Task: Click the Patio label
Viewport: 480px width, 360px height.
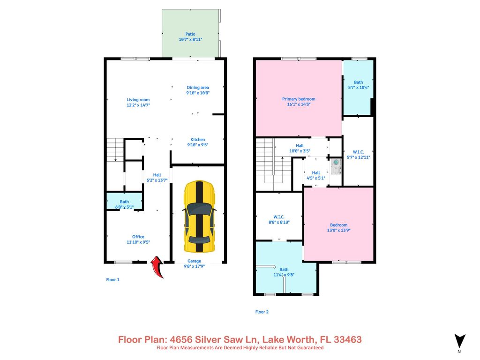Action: pyautogui.click(x=190, y=34)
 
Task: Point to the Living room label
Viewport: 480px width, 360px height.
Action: pyautogui.click(x=138, y=99)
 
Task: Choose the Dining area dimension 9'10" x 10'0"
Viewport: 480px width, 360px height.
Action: pyautogui.click(x=198, y=93)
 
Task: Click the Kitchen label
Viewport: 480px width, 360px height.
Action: pyautogui.click(x=197, y=140)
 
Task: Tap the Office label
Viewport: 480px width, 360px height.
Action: pyautogui.click(x=138, y=237)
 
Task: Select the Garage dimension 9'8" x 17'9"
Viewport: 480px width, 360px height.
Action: pyautogui.click(x=194, y=267)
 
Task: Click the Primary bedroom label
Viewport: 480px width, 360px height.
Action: pyautogui.click(x=298, y=99)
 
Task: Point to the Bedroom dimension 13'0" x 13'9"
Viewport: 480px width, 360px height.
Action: pyautogui.click(x=338, y=230)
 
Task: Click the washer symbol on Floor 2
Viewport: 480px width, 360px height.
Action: pyautogui.click(x=336, y=166)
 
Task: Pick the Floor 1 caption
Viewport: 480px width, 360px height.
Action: pyautogui.click(x=112, y=280)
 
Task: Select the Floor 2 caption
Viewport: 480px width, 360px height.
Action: pyautogui.click(x=262, y=312)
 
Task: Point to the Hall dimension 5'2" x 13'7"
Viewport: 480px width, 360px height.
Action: pyautogui.click(x=157, y=180)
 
